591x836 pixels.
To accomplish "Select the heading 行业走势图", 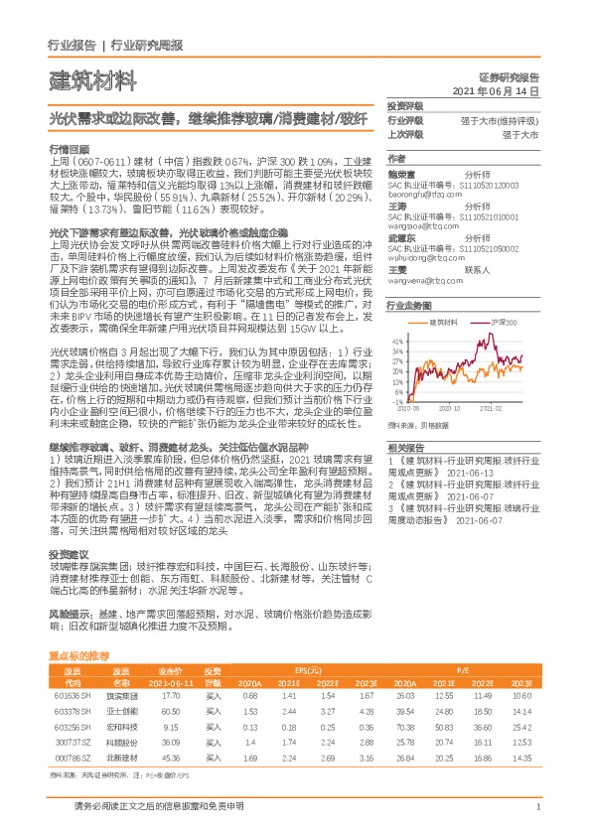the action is [x=408, y=306].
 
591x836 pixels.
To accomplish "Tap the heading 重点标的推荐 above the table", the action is [x=79, y=656].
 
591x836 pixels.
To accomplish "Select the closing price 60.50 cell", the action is [x=170, y=712].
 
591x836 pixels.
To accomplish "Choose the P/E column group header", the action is [x=463, y=672].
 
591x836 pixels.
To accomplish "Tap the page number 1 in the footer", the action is [x=537, y=806].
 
